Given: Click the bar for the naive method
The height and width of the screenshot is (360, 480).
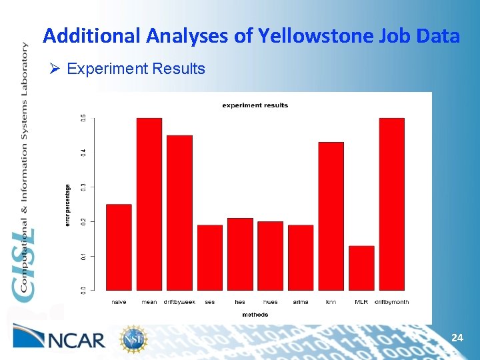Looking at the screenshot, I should point(119,247).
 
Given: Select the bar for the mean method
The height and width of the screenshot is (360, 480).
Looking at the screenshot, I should point(149,204).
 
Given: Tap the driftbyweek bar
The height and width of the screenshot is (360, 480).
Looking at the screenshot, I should point(179,213).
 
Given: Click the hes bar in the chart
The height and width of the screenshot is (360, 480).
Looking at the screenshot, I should point(240,254).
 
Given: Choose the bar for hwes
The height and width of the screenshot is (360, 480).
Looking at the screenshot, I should point(271,256).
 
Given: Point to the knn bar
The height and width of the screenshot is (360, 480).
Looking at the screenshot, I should point(331,216).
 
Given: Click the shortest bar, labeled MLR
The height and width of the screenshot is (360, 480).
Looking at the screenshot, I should point(361,268).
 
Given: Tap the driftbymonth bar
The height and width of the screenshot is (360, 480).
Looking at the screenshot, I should point(392,204).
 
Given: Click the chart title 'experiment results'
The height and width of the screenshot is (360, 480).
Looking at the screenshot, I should point(255,105).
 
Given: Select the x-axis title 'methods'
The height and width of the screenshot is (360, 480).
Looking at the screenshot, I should point(255,314).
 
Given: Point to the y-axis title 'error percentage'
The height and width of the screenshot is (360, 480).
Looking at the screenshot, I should point(67,205).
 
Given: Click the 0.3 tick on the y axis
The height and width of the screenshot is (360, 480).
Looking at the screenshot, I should point(83,187).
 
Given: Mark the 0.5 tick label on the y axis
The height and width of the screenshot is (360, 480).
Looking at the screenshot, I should point(83,118).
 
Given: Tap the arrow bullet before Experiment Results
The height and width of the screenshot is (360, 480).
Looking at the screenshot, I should point(56,69).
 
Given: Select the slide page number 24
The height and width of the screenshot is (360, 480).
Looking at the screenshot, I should point(457,339).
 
